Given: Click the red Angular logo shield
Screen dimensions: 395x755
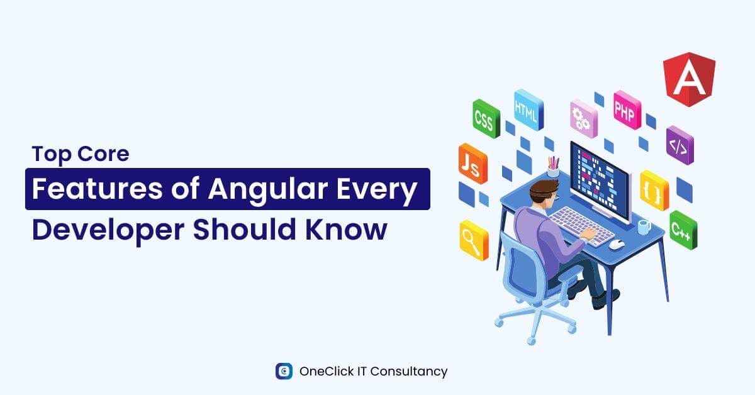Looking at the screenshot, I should (x=689, y=80).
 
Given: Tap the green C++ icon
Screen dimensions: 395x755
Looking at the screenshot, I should (x=682, y=230).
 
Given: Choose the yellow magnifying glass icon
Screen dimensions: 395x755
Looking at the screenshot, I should (x=473, y=240).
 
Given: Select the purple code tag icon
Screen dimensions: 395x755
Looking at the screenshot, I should (x=679, y=146).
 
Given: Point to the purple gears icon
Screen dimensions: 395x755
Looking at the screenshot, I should (x=583, y=119).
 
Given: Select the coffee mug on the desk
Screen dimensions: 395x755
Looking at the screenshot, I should (x=643, y=226).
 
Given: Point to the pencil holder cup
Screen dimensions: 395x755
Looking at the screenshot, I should (x=553, y=169).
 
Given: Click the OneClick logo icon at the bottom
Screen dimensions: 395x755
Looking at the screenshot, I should (x=284, y=371).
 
